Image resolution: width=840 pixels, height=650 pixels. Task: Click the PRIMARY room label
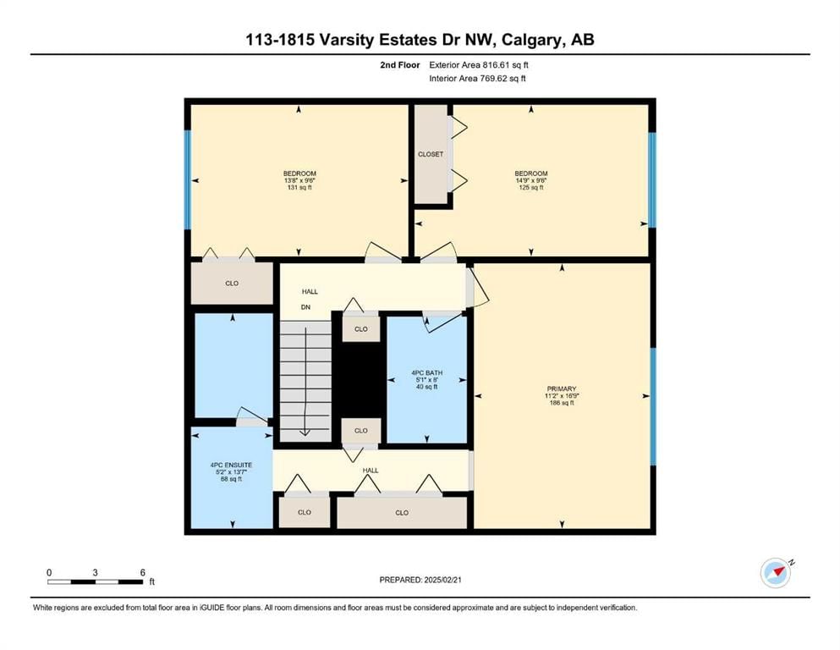pos(562,388)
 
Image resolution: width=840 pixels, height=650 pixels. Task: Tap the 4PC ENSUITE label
pos(232,465)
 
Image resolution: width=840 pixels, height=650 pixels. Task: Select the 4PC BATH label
pos(427,373)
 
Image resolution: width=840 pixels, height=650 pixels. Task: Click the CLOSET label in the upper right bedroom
pos(431,154)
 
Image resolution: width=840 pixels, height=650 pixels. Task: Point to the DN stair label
pos(305,307)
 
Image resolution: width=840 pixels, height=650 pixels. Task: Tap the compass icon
pos(776,573)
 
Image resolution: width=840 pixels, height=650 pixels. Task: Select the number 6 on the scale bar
pos(142,572)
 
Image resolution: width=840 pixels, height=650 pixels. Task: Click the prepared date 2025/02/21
pos(442,580)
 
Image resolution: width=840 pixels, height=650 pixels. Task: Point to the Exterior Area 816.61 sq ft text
pos(479,65)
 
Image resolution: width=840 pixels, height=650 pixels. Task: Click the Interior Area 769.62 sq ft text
pos(477,78)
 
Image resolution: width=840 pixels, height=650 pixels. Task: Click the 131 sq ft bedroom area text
pos(299,188)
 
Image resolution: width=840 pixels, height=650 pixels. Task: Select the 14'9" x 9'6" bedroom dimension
pos(531,180)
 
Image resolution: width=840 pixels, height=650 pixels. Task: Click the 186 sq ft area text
pos(562,402)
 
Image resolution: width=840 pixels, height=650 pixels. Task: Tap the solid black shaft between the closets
pos(361,380)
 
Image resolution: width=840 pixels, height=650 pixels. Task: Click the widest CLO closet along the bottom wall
pos(402,512)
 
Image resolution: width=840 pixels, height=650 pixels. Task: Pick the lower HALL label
pos(371,471)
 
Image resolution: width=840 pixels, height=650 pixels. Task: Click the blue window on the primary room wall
pos(652,407)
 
